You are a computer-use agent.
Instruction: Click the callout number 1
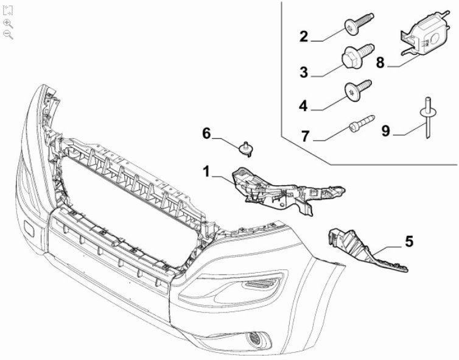(x=206, y=172)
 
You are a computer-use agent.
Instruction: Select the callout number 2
(x=304, y=36)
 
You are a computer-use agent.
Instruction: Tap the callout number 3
(x=304, y=72)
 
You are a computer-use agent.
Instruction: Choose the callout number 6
(x=206, y=133)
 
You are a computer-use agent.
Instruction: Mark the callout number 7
(x=305, y=135)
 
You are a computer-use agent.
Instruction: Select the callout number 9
(x=386, y=130)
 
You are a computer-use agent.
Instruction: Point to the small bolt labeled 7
(x=360, y=124)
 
